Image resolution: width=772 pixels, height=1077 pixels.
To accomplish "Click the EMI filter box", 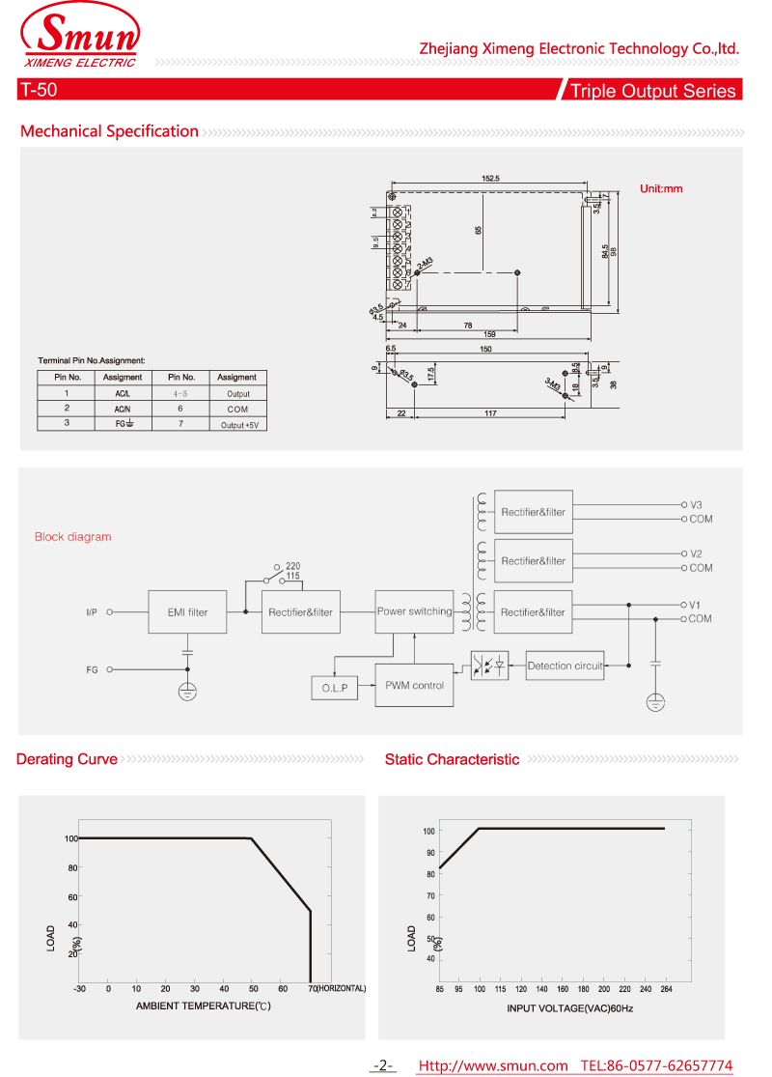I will point(187,611).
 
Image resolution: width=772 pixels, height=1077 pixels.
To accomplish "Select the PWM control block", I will point(414,685).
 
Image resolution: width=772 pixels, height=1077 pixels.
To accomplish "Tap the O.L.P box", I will point(334,688).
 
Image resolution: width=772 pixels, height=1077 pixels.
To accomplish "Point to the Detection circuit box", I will point(565,666).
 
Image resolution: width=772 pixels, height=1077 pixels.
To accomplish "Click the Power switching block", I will point(414,611).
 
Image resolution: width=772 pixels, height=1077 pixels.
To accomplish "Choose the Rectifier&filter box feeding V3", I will point(533,512).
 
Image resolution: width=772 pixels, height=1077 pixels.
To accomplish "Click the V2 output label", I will point(696,553).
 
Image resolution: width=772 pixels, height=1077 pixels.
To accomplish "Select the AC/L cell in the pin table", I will point(123,393).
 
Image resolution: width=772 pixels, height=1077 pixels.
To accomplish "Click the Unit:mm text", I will point(661,188).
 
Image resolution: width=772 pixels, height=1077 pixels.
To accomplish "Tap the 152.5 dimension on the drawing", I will point(490,178).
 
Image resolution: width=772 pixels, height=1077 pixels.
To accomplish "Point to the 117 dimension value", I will point(490,413).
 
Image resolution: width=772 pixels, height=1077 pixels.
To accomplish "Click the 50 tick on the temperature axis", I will point(253,988).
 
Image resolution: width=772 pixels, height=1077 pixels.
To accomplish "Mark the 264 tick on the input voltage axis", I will point(665,988).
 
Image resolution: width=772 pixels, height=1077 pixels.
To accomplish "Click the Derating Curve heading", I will point(68,759).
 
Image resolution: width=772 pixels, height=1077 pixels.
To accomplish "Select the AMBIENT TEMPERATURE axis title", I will point(203,1006).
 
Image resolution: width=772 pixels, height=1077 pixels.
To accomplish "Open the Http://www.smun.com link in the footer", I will point(492,1065).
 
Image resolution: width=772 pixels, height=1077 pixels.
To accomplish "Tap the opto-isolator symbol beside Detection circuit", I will point(489,666).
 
